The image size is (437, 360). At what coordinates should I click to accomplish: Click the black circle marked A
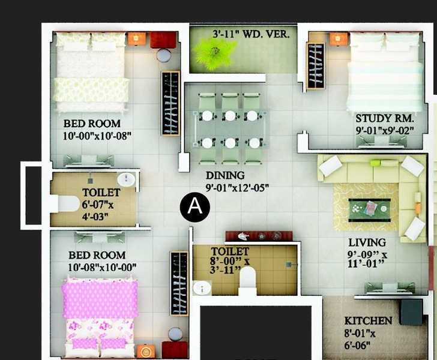click(195, 207)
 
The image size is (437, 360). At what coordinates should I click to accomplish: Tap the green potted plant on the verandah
click(214, 53)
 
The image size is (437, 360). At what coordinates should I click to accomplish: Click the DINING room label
click(225, 176)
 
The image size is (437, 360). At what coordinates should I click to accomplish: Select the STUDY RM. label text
click(385, 118)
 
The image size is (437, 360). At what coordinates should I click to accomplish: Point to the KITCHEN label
click(368, 321)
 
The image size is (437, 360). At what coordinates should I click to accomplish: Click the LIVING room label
click(367, 242)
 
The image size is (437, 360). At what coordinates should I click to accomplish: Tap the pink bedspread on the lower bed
click(100, 299)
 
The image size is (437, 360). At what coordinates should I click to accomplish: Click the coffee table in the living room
click(370, 210)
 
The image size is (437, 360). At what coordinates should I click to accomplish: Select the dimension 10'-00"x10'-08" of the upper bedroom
click(97, 136)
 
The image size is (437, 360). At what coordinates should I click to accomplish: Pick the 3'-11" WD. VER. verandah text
click(251, 34)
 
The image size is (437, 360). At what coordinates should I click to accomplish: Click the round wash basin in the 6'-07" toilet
click(126, 180)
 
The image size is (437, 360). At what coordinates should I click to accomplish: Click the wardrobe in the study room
click(316, 66)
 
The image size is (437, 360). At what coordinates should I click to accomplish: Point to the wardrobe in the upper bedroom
click(170, 103)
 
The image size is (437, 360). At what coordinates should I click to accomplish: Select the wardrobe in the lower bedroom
click(179, 284)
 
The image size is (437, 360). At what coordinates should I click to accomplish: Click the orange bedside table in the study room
click(339, 39)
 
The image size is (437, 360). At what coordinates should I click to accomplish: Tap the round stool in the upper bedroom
click(164, 55)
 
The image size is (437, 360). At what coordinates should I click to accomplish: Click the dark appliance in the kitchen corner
click(412, 312)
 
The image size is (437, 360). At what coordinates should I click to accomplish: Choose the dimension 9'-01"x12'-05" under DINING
click(237, 188)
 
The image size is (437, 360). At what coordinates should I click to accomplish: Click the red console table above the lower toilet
click(259, 236)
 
